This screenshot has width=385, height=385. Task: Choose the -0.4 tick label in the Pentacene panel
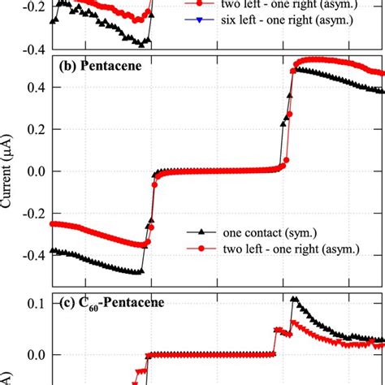[x=30, y=255]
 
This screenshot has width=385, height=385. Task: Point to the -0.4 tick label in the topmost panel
[x=30, y=50]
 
